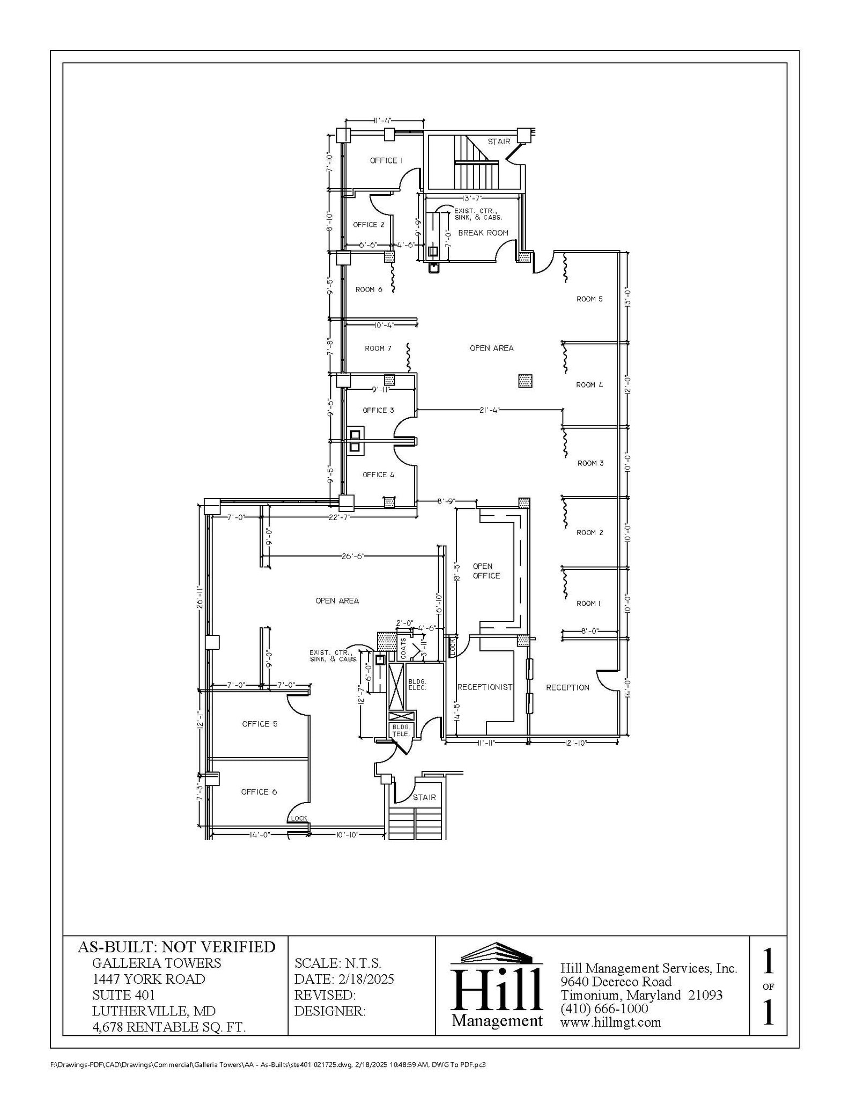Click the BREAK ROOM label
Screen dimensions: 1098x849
[x=483, y=233]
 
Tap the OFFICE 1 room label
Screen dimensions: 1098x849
[x=386, y=160]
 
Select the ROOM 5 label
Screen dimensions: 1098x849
[x=589, y=299]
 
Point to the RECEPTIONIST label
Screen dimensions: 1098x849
[x=484, y=687]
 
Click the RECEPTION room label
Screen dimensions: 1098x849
[x=567, y=687]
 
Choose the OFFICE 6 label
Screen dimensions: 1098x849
[x=259, y=792]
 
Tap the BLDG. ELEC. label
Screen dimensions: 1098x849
[x=417, y=684]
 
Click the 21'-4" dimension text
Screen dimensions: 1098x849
[x=489, y=410]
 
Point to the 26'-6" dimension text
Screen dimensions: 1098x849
[x=352, y=556]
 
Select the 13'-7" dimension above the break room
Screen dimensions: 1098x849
[x=472, y=198]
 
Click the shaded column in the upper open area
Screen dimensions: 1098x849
[x=525, y=381]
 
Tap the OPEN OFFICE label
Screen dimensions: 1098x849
[x=486, y=571]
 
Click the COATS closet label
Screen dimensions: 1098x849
[x=403, y=648]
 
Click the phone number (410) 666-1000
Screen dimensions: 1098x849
[x=604, y=1008]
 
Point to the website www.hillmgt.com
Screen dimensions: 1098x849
[x=610, y=1022]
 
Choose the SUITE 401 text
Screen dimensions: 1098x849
[x=123, y=995]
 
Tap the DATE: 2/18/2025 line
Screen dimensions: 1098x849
[x=344, y=979]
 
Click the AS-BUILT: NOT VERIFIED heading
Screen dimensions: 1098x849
[x=176, y=947]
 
